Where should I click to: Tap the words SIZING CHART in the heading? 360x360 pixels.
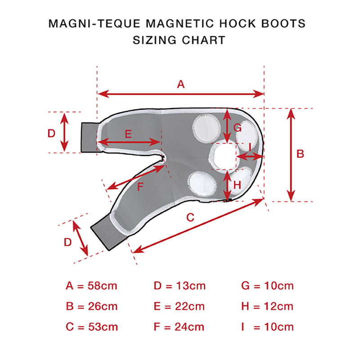179,40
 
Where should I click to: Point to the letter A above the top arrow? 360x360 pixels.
181,84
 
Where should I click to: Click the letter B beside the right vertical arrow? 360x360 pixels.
300,154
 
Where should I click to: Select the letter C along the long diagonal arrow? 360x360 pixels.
190,217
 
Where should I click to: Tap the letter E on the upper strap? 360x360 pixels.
128,134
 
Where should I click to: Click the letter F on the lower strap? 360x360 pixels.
140,186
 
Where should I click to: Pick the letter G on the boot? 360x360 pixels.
238,128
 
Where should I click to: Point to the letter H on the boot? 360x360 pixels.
237,184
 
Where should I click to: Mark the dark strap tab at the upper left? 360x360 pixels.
89,138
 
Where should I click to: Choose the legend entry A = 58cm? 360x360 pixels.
91,286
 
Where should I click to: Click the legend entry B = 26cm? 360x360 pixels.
92,306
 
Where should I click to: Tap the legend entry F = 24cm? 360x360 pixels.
179,327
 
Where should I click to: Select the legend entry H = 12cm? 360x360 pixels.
267,306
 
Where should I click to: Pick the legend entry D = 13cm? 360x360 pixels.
180,286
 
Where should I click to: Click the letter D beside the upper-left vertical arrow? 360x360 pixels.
51,133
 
